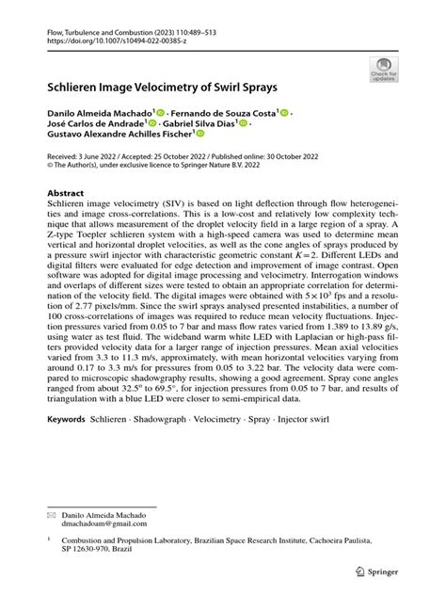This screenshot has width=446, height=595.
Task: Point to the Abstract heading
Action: point(66,191)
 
